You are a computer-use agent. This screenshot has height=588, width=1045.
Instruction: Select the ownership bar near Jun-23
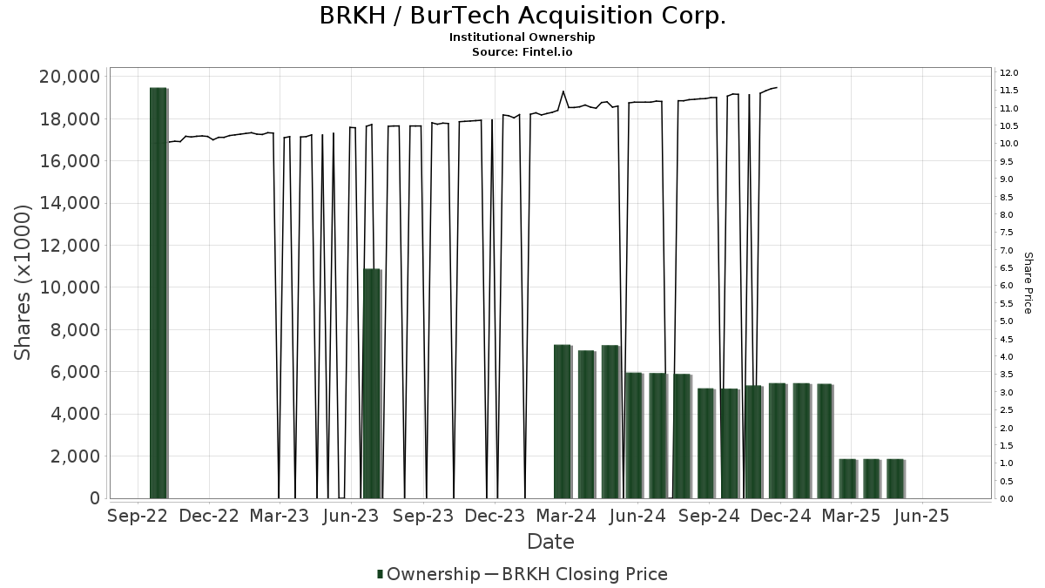pos(372,383)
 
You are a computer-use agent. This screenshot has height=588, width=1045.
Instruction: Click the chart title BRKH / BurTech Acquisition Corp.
pos(522,16)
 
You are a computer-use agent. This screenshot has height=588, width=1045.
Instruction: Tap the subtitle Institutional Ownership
pos(522,37)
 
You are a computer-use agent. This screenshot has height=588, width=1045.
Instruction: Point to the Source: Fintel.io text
pos(522,51)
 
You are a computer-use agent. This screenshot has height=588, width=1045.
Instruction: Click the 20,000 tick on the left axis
pos(70,77)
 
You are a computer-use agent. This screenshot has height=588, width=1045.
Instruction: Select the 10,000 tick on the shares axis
pos(70,287)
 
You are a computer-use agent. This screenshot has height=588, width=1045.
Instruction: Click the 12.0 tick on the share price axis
pos(1009,72)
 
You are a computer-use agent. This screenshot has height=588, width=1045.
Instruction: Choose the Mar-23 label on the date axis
pos(280,516)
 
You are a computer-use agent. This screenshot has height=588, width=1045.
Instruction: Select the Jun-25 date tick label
pos(923,516)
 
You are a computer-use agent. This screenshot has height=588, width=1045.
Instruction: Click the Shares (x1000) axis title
pos(24,282)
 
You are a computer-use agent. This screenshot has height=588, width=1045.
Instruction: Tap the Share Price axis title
pos(1028,282)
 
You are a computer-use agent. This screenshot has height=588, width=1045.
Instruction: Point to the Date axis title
pos(550,542)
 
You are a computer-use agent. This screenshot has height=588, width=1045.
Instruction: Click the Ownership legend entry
pos(428,574)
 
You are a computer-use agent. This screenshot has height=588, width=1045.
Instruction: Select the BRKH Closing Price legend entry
pos(583,574)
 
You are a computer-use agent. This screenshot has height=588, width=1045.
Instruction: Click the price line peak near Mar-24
pos(563,91)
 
